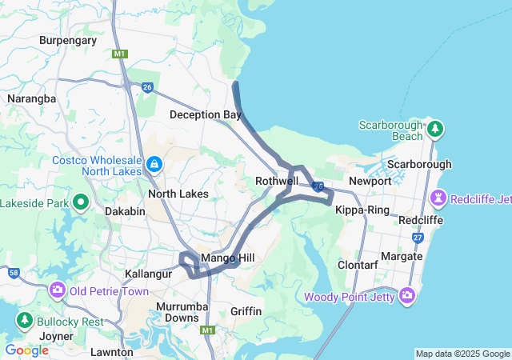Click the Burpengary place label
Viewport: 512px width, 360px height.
67,40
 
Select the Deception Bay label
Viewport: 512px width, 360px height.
205,114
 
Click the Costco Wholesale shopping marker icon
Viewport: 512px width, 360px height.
154,165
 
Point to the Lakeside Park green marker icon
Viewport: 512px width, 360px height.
81,202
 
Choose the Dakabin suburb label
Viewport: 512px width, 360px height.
125,211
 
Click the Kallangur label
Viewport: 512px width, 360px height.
149,274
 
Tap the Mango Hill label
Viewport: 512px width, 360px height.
227,258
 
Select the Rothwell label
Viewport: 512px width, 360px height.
276,182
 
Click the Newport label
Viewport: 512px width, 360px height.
370,181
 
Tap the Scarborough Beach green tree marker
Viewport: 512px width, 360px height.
435,128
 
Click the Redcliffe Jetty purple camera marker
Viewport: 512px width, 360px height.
438,198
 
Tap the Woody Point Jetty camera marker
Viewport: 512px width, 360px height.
407,296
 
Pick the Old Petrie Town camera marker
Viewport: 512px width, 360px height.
58,290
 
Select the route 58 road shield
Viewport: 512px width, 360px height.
14,274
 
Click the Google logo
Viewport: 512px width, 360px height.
26,350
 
